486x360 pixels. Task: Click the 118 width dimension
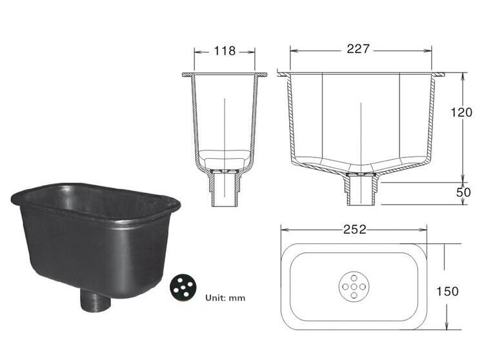[x=225, y=50]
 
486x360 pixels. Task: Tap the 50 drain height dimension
[x=464, y=192]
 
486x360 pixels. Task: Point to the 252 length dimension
[x=355, y=229]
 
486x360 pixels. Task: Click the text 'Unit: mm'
[x=225, y=298]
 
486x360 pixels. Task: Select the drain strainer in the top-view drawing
[x=354, y=285]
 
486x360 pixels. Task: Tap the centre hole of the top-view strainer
[x=354, y=285]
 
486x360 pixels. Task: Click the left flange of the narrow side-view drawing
[x=187, y=75]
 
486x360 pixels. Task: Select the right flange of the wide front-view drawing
[x=438, y=75]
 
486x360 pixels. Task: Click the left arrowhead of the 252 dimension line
[x=282, y=229]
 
